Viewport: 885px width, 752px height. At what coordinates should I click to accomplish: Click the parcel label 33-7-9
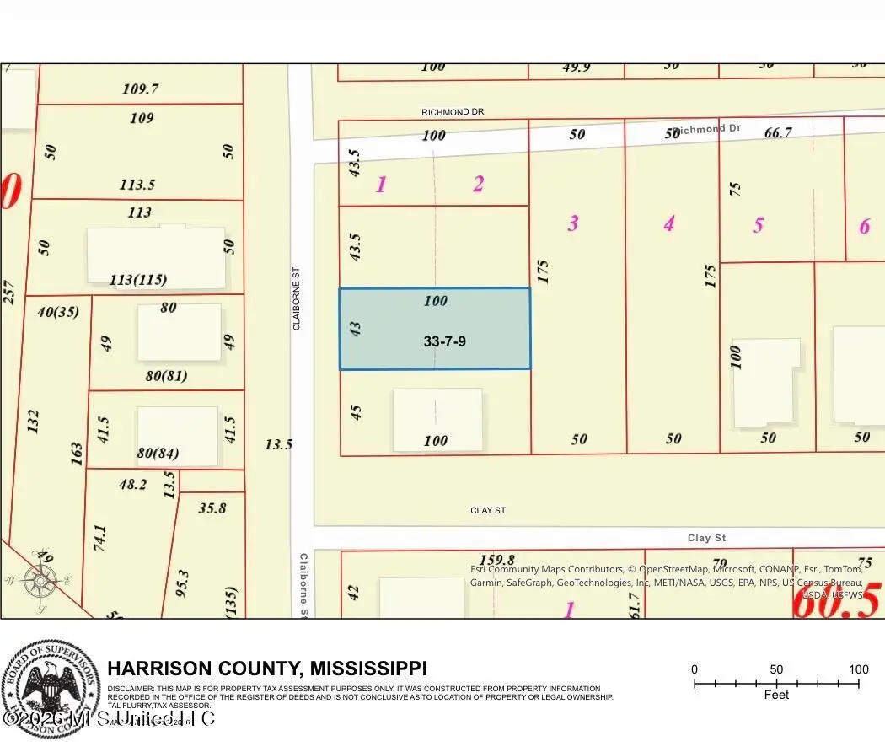pos(444,341)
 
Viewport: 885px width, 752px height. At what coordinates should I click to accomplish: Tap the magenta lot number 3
pos(573,223)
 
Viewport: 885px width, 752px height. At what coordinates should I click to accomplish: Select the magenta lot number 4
pos(669,223)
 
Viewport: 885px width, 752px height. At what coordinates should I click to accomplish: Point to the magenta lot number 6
pos(864,226)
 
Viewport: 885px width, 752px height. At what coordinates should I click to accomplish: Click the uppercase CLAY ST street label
pos(488,510)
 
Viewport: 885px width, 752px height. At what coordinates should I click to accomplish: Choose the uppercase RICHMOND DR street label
pos(453,111)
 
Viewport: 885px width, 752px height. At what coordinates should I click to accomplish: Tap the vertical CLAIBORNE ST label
pos(296,299)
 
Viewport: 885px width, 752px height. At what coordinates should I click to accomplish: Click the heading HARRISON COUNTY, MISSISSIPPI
pos(267,669)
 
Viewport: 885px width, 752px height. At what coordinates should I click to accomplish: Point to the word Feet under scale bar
pos(776,695)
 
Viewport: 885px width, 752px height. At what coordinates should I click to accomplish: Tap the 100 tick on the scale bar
pos(858,669)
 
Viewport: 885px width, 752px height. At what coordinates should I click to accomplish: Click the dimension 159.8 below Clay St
pos(496,560)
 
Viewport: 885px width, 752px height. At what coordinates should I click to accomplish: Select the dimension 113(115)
pos(138,280)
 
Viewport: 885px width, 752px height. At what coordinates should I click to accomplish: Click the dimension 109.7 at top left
pos(140,89)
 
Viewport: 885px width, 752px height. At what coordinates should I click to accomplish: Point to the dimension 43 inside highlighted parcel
pos(356,329)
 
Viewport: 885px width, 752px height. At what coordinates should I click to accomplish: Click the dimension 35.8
pos(212,508)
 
